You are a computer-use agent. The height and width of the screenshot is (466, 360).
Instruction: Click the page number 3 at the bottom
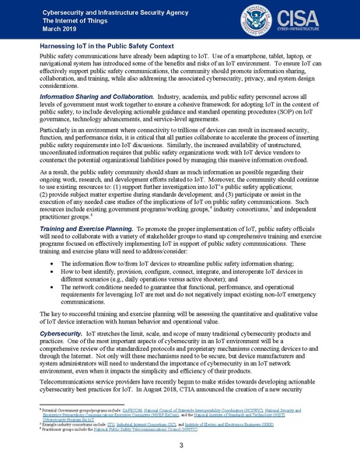[180, 446]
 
